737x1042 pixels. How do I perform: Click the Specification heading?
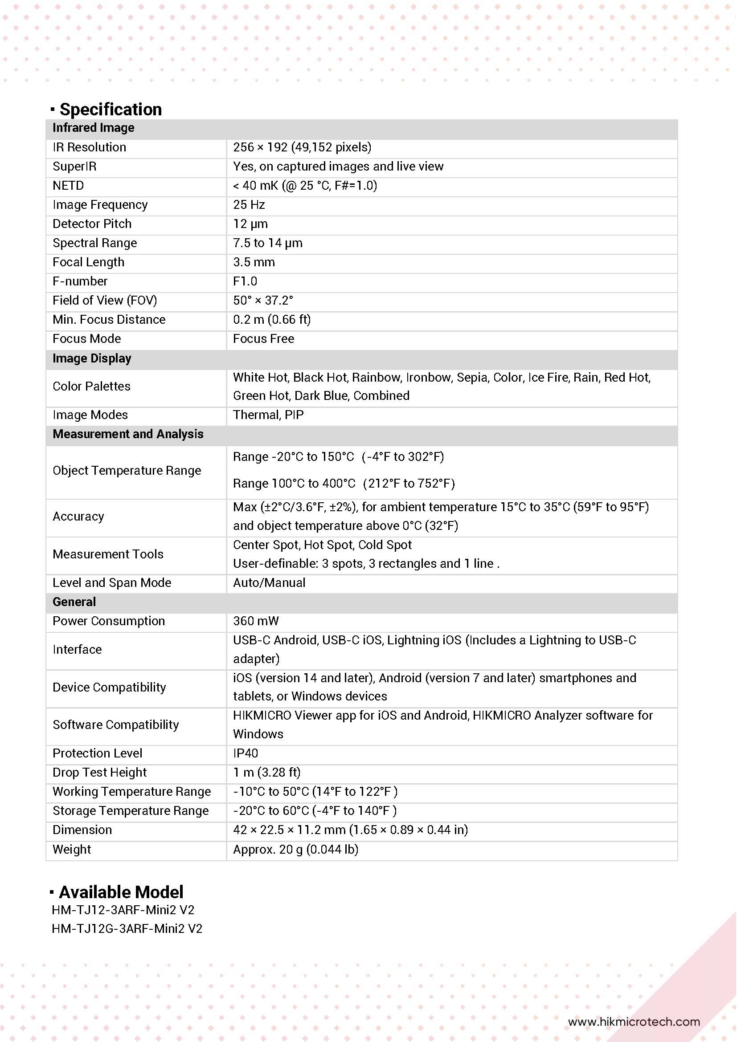tap(111, 110)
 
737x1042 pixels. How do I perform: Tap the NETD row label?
tap(68, 186)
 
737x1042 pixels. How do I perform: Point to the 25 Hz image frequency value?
tap(249, 205)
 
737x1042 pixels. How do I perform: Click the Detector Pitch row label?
tap(92, 224)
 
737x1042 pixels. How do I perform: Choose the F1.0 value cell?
tap(245, 281)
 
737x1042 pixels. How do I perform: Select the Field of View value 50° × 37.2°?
tap(263, 301)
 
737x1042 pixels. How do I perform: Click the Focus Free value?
tap(263, 338)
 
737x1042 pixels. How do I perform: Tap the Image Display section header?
tap(92, 358)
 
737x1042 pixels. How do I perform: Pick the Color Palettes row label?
tap(91, 386)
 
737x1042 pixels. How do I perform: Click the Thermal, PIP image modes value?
tap(268, 415)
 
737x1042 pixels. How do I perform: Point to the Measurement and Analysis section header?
tap(128, 434)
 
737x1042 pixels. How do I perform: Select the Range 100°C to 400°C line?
tap(344, 483)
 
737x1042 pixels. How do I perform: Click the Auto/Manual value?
tap(269, 583)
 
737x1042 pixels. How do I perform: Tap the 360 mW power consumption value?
tap(256, 621)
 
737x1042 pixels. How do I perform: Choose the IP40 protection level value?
tap(245, 753)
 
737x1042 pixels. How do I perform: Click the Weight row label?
tap(72, 849)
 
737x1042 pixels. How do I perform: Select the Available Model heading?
tap(121, 892)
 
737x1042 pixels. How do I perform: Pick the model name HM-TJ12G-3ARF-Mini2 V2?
tap(127, 928)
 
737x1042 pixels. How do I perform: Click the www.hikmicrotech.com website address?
tap(634, 1022)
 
